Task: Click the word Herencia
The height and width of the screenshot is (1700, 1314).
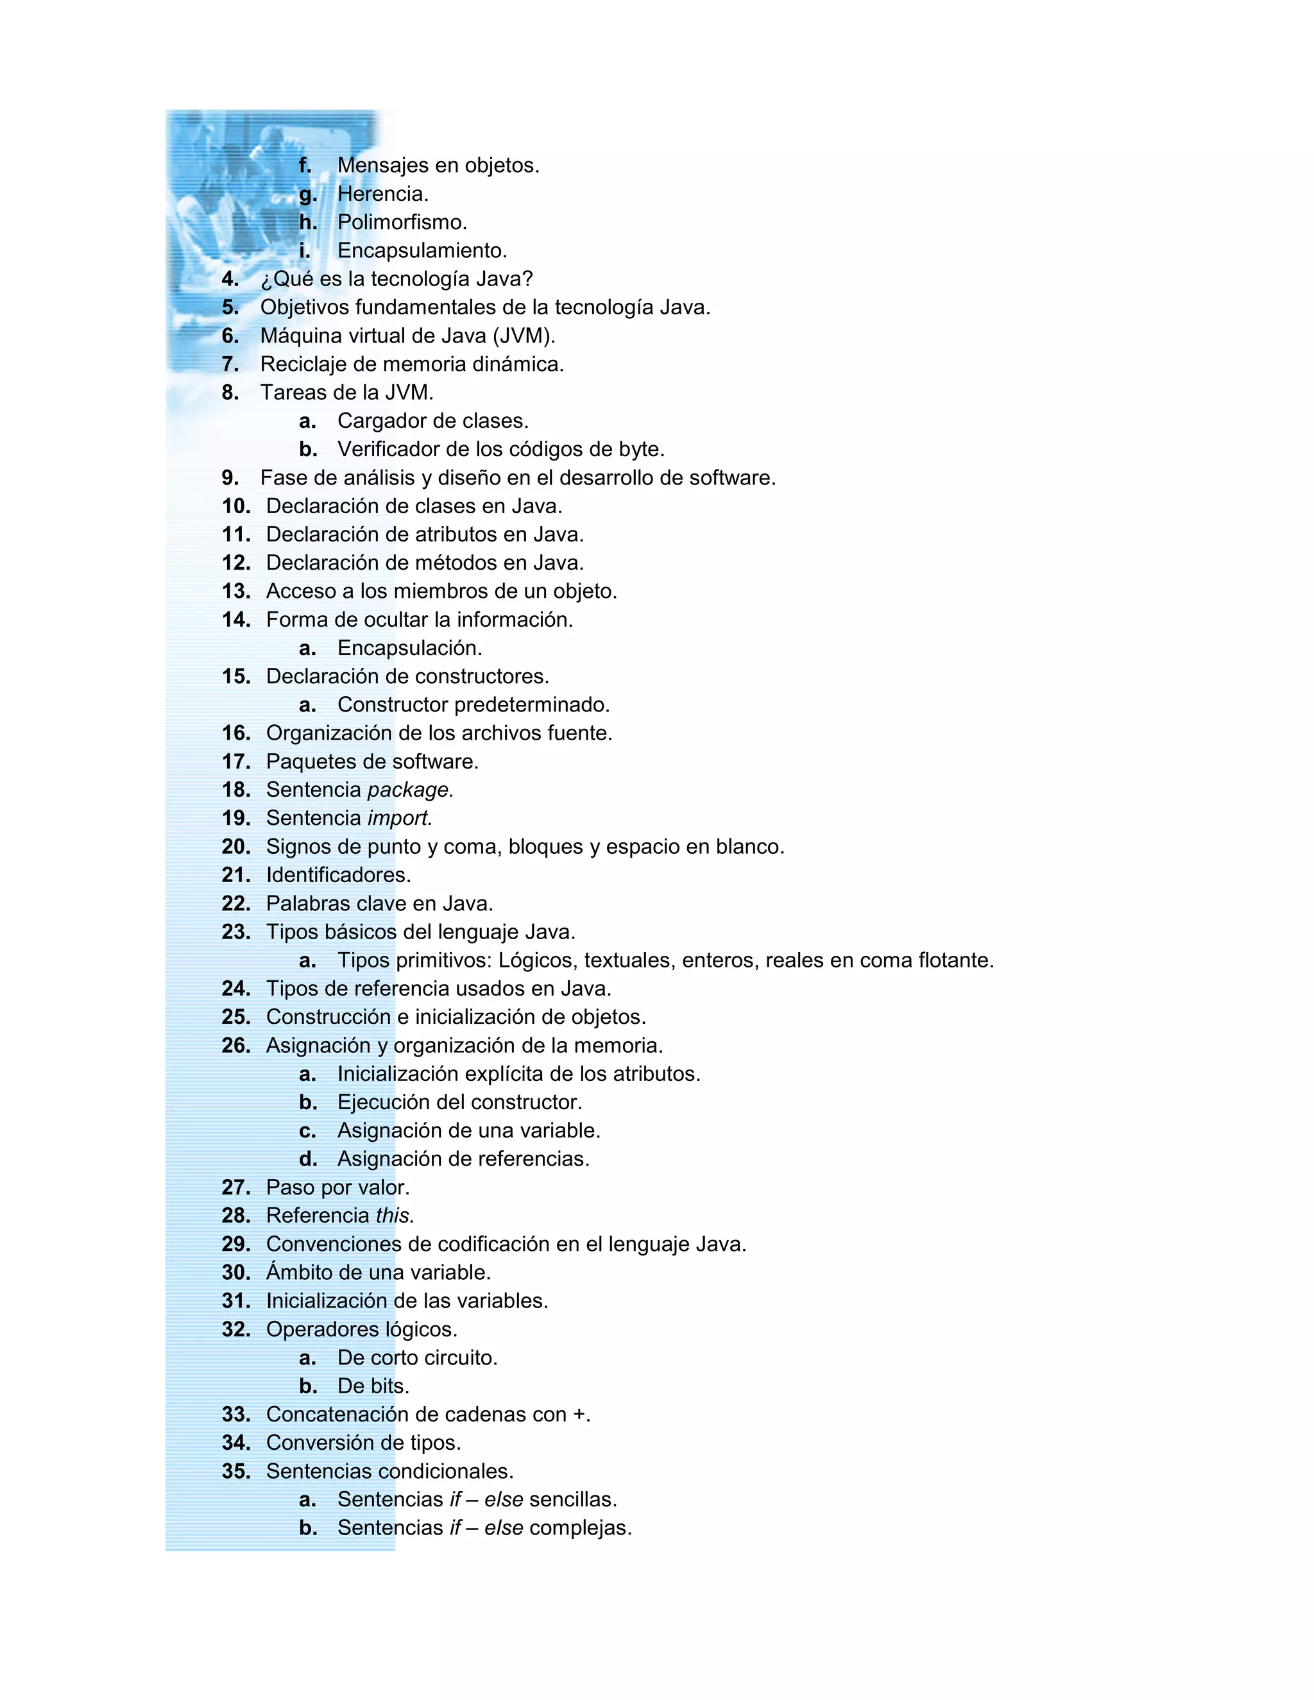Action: click(382, 194)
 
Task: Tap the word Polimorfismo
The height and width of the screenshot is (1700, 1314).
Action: click(402, 222)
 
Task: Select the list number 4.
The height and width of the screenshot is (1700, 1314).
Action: click(230, 278)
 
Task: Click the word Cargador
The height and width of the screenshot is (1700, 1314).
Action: click(382, 421)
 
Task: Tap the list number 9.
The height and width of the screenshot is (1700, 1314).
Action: click(230, 478)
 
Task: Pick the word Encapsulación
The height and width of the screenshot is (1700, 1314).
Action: click(409, 649)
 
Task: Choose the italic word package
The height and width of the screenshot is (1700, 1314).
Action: click(410, 790)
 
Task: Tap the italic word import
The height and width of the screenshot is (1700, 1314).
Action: click(399, 818)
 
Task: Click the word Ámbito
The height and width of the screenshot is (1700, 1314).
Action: click(300, 1273)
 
